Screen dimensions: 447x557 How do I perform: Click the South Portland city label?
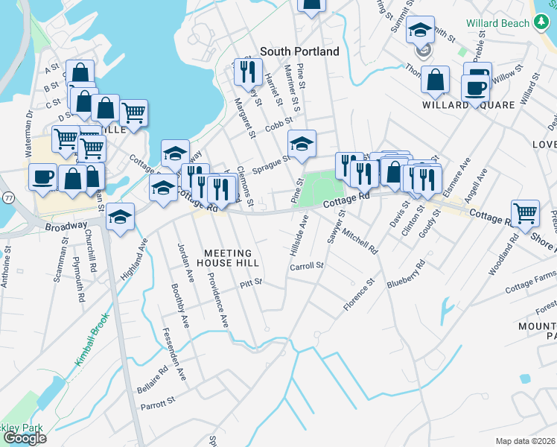pyautogui.click(x=299, y=51)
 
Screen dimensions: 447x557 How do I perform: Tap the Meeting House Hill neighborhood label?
pyautogui.click(x=232, y=258)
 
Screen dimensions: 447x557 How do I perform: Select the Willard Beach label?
pyautogui.click(x=497, y=23)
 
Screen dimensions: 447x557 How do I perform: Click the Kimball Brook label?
pyautogui.click(x=92, y=338)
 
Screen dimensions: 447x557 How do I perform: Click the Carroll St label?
pyautogui.click(x=307, y=266)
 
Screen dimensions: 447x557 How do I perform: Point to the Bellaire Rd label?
pyautogui.click(x=153, y=379)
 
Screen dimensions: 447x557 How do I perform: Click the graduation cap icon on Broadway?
pyautogui.click(x=120, y=217)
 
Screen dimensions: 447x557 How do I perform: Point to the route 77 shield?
pyautogui.click(x=7, y=198)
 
